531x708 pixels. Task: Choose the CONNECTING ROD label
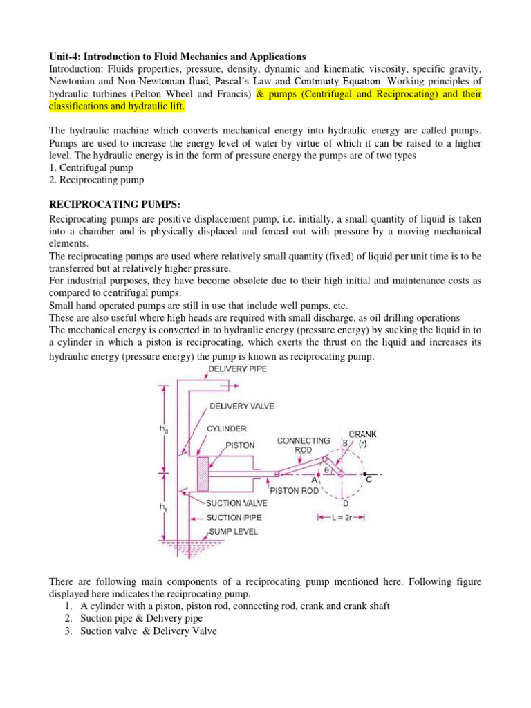coord(299,445)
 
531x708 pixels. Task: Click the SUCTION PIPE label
coord(233,517)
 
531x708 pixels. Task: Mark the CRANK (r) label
coord(362,438)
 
